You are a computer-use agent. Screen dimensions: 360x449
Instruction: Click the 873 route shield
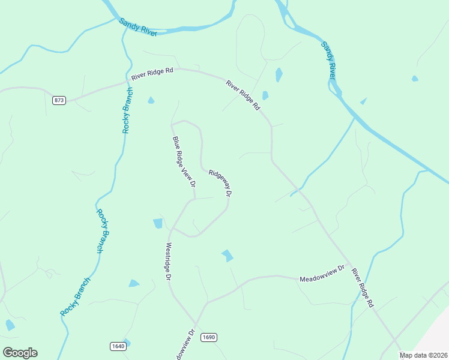[x=59, y=100]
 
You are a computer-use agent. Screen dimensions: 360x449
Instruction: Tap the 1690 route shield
[x=208, y=337]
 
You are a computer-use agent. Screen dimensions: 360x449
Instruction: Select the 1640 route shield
[x=118, y=346]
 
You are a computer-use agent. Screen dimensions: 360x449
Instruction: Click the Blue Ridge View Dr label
[x=184, y=162]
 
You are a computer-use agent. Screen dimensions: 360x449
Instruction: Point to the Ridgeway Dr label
[x=220, y=183]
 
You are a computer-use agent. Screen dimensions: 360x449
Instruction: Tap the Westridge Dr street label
[x=169, y=262]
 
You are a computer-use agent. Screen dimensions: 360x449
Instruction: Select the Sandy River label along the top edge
[x=137, y=27]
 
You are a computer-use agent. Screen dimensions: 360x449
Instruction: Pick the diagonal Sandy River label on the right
[x=328, y=60]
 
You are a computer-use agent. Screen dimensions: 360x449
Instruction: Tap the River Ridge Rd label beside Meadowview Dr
[x=363, y=288]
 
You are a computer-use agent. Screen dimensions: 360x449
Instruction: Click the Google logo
[x=20, y=353]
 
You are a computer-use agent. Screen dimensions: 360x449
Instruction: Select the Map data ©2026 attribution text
[x=424, y=355]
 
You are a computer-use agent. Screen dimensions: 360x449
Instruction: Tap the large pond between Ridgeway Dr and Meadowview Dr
[x=227, y=256]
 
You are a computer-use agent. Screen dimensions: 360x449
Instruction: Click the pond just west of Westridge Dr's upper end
[x=158, y=223]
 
